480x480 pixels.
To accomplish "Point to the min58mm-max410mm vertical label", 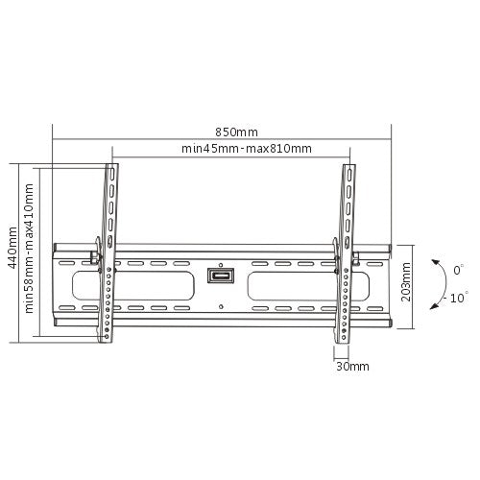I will pos(30,251).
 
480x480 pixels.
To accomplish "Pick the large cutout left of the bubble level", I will pos(158,286).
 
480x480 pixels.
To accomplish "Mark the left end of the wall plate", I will pos(56,283).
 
